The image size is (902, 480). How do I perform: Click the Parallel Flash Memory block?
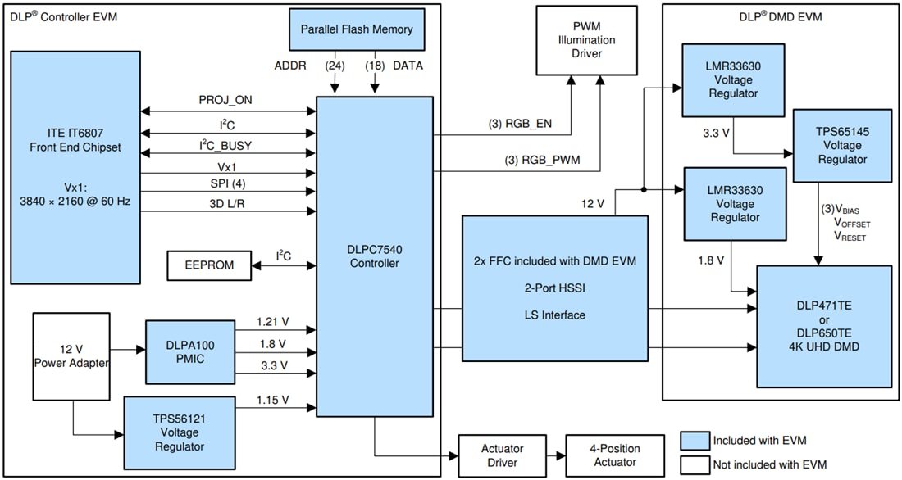pyautogui.click(x=357, y=29)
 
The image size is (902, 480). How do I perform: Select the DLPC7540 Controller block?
pyautogui.click(x=375, y=256)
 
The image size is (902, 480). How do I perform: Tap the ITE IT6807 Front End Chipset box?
pyautogui.click(x=75, y=164)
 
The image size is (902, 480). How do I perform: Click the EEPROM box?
pyautogui.click(x=208, y=265)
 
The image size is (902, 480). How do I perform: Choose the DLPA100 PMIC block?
pyautogui.click(x=189, y=352)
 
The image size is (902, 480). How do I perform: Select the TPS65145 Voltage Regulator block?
pyautogui.click(x=842, y=146)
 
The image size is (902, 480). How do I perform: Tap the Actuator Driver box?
pyautogui.click(x=502, y=455)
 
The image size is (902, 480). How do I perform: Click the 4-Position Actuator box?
pyautogui.click(x=615, y=455)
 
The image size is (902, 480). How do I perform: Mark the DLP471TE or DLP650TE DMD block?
pyautogui.click(x=823, y=326)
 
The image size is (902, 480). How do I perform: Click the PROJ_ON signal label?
pyautogui.click(x=225, y=99)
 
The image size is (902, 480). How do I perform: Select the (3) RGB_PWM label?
pyautogui.click(x=542, y=160)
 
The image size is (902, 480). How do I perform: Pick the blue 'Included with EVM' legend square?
pyautogui.click(x=693, y=441)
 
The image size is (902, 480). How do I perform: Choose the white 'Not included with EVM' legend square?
pyautogui.click(x=693, y=464)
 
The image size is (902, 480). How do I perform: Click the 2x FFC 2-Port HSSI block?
pyautogui.click(x=554, y=288)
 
